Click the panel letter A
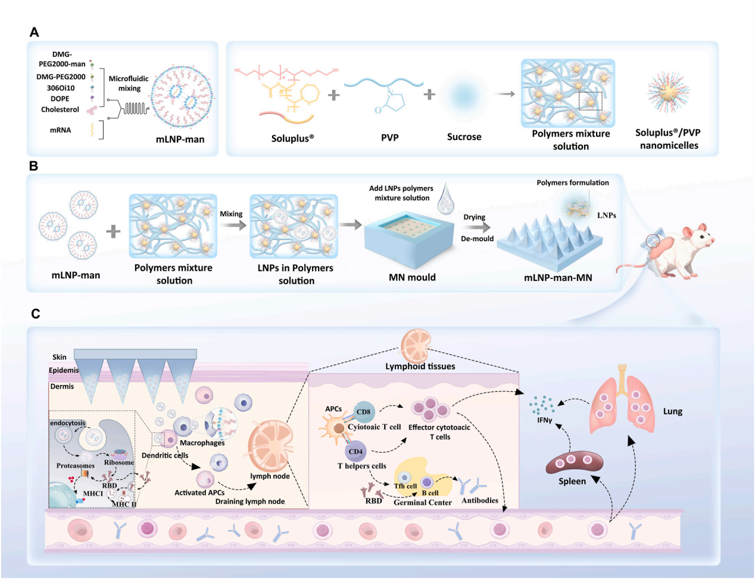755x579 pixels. coord(34,32)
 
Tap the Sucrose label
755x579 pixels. coord(464,136)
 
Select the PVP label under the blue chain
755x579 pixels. coord(389,138)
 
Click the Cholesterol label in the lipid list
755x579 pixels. coord(60,110)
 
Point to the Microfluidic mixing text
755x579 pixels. coord(129,83)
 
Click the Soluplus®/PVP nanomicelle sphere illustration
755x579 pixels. coord(668,92)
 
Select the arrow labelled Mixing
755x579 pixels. coord(233,226)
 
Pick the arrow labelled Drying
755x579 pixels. coord(478,228)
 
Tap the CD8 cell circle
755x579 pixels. coord(363,412)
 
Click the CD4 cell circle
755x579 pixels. coord(355,452)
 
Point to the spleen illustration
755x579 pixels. coord(575,463)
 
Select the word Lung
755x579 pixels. coord(673,412)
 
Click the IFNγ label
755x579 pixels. coord(544,420)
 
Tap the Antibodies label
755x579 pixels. coord(479,500)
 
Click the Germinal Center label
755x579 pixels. coord(423,502)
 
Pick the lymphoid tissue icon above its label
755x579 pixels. coord(416,347)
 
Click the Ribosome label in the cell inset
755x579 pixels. coord(119,463)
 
